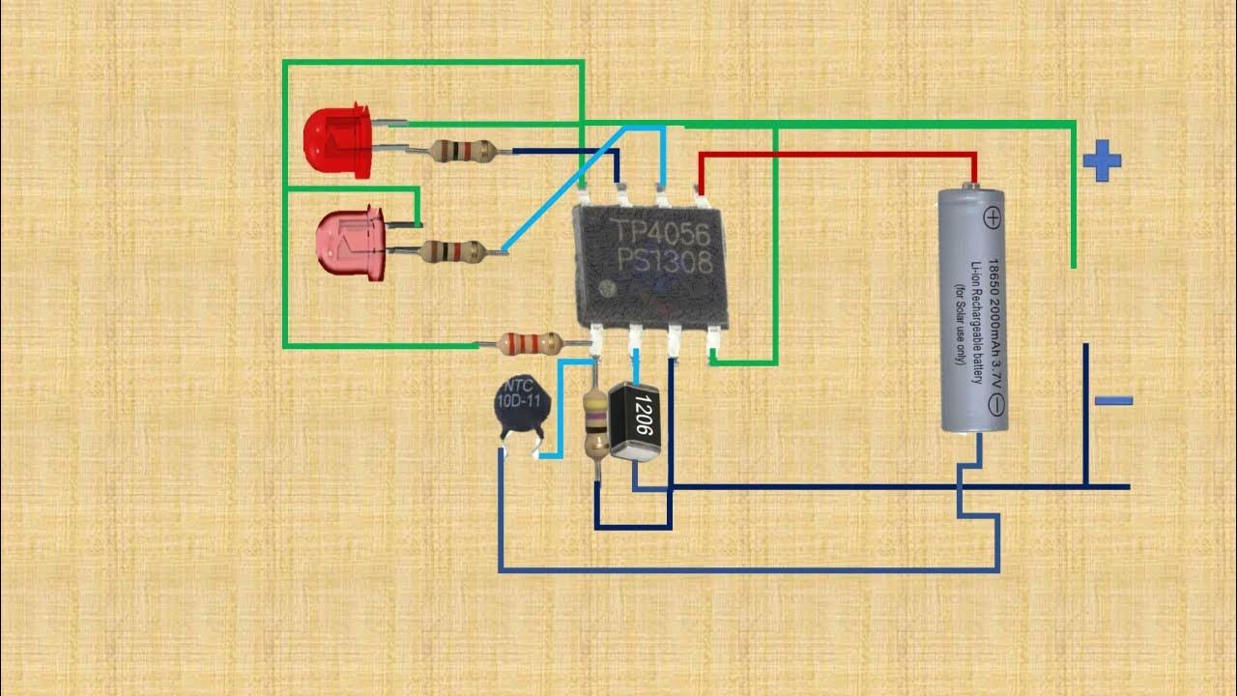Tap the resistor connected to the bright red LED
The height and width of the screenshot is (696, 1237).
463,150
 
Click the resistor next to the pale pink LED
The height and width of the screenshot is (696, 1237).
452,252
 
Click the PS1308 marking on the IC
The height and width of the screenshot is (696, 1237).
664,261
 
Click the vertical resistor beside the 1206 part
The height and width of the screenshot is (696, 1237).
596,421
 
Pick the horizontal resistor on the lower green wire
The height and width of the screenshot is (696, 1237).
530,342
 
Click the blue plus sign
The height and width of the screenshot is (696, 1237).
1101,161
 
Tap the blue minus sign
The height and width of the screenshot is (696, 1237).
1113,400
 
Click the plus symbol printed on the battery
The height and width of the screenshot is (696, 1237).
992,217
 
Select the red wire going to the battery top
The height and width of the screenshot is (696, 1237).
836,155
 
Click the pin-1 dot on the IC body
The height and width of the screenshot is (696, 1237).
606,288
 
